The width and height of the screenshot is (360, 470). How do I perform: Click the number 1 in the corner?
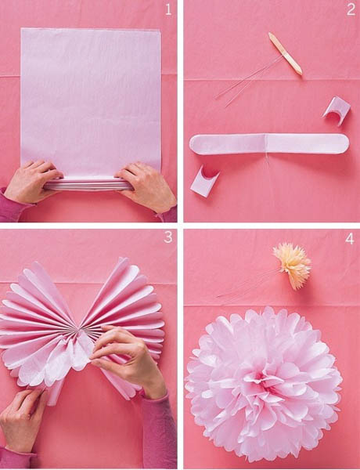167,10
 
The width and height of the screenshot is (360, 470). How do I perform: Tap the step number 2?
350,10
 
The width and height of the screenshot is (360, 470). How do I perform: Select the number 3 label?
167,238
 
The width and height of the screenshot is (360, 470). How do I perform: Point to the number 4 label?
349,238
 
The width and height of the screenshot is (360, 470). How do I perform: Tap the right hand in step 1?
147,186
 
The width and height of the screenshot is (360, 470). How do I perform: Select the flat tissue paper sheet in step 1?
90,98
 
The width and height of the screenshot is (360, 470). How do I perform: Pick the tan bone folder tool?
285,54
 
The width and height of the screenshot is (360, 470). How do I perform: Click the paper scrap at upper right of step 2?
337,109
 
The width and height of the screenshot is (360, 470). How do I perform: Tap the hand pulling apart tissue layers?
129,356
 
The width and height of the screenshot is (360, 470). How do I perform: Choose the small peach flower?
292,265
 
